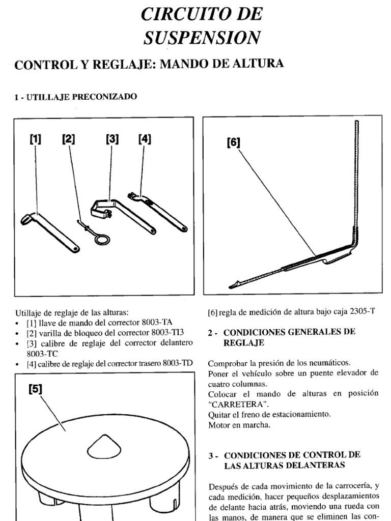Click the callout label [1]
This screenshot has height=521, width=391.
click(x=36, y=139)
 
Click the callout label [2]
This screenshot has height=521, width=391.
click(x=68, y=139)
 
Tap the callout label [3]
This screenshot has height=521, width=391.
click(x=113, y=139)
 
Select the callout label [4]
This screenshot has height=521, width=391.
click(x=145, y=139)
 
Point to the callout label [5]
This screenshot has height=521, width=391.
click(x=36, y=389)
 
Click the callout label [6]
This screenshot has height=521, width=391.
click(x=233, y=143)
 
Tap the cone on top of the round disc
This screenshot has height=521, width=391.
click(x=104, y=448)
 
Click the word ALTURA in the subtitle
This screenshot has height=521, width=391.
click(x=258, y=64)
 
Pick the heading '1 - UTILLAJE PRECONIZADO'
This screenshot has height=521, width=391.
click(x=76, y=97)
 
